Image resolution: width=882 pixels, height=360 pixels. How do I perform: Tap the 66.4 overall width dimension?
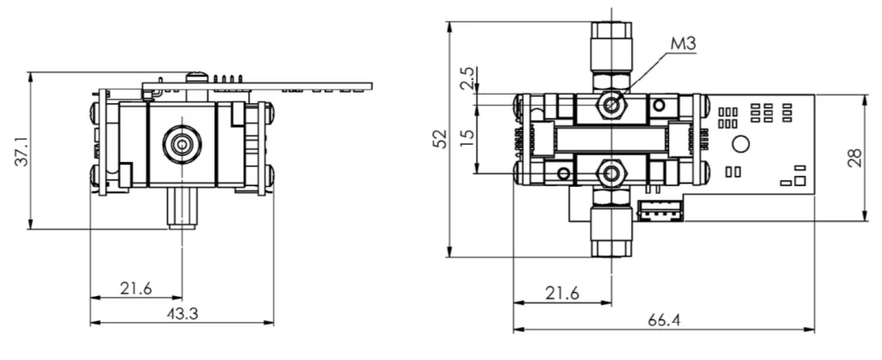pyautogui.click(x=663, y=320)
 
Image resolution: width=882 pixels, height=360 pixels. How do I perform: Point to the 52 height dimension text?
pyautogui.click(x=440, y=138)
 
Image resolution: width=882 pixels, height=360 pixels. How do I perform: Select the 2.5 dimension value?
pyautogui.click(x=468, y=79)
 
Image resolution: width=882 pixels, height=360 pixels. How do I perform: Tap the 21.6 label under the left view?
pyautogui.click(x=136, y=289)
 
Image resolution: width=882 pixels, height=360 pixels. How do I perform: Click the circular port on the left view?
pyautogui.click(x=183, y=143)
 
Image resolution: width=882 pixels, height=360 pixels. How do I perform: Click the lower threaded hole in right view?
pyautogui.click(x=612, y=173)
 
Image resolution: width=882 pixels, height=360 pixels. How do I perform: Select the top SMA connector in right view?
pyautogui.click(x=611, y=47)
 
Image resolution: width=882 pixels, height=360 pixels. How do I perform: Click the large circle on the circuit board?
pyautogui.click(x=740, y=143)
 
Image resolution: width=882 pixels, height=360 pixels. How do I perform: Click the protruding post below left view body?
pyautogui.click(x=182, y=209)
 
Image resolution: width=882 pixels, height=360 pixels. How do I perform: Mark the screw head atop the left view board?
pyautogui.click(x=197, y=76)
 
